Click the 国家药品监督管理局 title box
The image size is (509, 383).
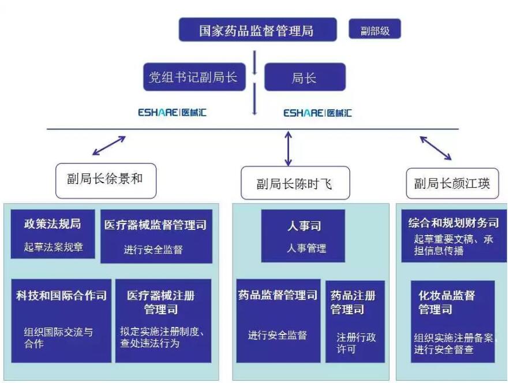[258, 29]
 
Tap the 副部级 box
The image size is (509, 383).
[375, 29]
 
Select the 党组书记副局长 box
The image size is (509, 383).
[194, 77]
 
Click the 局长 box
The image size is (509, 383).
[305, 77]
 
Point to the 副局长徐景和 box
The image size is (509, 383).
[106, 181]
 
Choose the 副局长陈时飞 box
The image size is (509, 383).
[295, 183]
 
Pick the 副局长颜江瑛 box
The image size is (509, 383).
[452, 183]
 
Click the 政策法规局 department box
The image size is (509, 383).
[53, 234]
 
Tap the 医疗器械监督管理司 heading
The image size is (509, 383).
[155, 225]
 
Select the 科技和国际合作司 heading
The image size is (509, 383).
[61, 295]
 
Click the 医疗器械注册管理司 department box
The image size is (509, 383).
[163, 321]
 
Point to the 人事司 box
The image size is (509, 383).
[303, 236]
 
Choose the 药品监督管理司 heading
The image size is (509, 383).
[278, 295]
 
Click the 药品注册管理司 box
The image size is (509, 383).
[355, 322]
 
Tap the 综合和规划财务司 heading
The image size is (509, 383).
[454, 223]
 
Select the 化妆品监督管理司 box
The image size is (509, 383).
[453, 322]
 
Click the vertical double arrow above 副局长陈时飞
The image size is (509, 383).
[289, 148]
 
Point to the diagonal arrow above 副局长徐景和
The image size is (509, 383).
[109, 145]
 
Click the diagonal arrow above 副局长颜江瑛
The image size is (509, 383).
[436, 148]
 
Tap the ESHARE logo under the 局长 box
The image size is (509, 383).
[317, 113]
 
